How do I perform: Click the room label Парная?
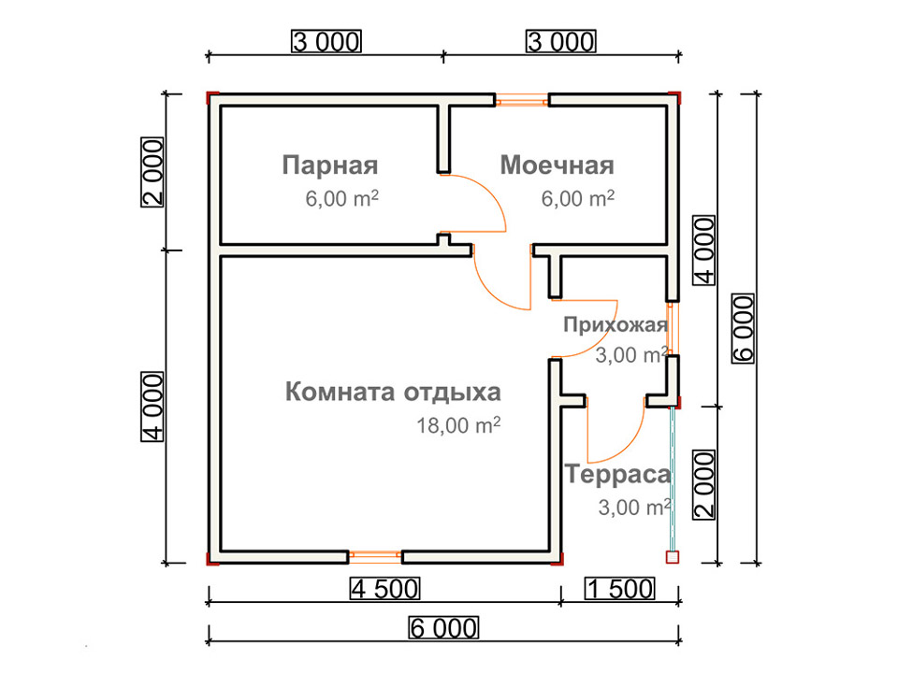[x=330, y=165]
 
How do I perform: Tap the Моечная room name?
[x=558, y=165]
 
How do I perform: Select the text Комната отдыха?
[x=393, y=393]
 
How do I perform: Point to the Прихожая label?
[x=616, y=325]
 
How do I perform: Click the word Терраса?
[x=617, y=475]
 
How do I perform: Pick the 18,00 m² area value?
[x=458, y=425]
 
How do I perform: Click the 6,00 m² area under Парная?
[x=341, y=198]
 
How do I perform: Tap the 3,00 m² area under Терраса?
[x=634, y=507]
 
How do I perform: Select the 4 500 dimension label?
[x=384, y=589]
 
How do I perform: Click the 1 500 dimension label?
[x=619, y=589]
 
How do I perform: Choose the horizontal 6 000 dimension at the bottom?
[x=443, y=628]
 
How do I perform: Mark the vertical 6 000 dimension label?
[x=744, y=328]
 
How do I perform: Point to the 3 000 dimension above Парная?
[x=326, y=42]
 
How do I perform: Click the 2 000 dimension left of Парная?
[x=152, y=172]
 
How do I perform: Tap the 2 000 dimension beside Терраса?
[x=704, y=484]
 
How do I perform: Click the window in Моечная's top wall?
[x=522, y=101]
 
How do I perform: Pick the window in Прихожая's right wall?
[x=673, y=329]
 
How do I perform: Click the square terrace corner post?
[x=673, y=557]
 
